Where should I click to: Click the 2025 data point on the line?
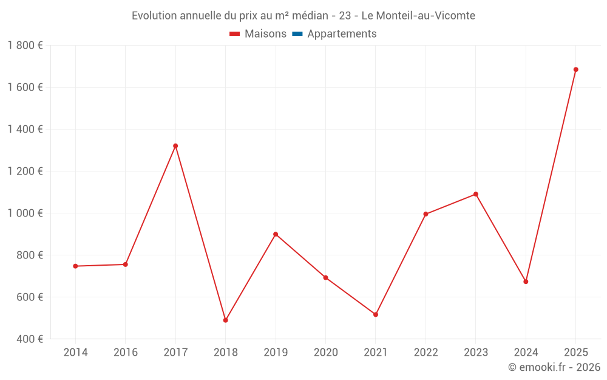pos(575,69)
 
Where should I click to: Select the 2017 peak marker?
pos(175,146)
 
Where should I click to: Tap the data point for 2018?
pos(225,320)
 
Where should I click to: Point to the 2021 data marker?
pos(376,314)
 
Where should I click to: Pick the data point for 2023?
pos(476,194)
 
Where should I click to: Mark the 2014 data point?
pos(75,266)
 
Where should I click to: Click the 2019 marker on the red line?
pos(276,234)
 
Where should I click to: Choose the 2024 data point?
pos(526,282)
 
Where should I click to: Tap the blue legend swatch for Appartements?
pos(297,34)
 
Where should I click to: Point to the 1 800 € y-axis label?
pos(25,46)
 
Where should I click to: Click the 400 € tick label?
pos(30,339)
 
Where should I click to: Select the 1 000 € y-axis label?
pos(25,213)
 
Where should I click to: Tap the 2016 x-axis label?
pos(126,353)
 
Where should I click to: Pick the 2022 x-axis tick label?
pos(426,353)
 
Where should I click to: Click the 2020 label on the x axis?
pos(325,353)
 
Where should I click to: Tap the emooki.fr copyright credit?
pos(554,367)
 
